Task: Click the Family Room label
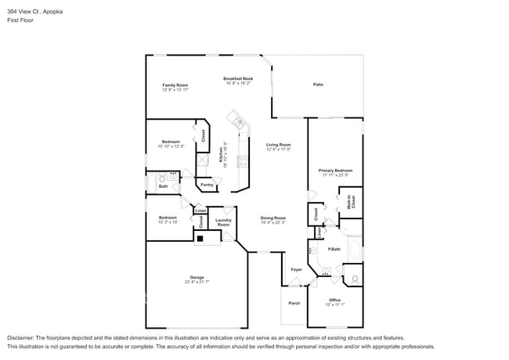(175, 85)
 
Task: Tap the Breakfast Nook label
(237, 78)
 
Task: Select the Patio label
(318, 85)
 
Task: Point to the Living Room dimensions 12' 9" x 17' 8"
(278, 149)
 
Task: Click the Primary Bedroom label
(335, 170)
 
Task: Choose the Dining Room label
(273, 218)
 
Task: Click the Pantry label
(207, 185)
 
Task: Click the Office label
(334, 300)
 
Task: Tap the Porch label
(294, 303)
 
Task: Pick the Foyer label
(296, 269)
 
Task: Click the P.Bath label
(334, 249)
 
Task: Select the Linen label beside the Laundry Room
(200, 211)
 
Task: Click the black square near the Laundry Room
(200, 238)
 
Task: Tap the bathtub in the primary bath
(355, 253)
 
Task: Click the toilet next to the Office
(354, 278)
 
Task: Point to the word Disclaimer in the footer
(24, 337)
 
